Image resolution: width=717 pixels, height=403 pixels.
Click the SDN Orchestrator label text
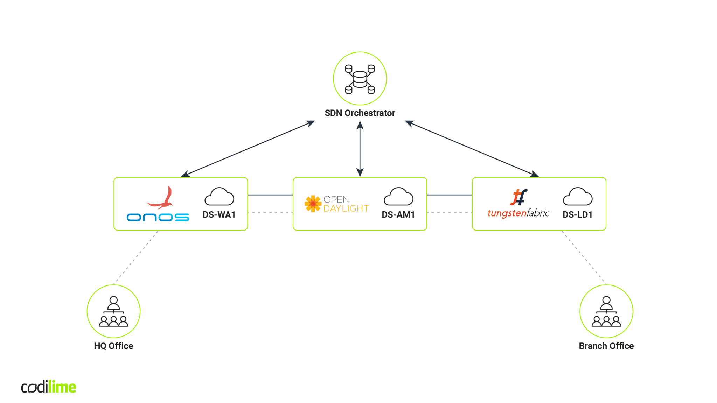click(x=360, y=113)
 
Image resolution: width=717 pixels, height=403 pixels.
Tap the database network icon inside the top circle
click(x=360, y=79)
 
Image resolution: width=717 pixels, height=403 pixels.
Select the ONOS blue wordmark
click(x=158, y=217)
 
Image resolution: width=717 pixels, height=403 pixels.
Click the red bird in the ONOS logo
click(x=161, y=198)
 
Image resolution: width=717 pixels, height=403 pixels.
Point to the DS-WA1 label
click(x=219, y=214)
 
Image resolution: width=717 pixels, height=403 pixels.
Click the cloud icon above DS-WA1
click(x=219, y=197)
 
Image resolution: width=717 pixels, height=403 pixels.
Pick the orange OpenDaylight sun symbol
click(x=313, y=204)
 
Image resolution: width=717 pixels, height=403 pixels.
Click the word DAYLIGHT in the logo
click(x=346, y=208)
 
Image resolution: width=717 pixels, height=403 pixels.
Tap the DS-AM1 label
click(x=398, y=214)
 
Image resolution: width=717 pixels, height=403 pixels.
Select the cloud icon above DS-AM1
click(x=398, y=197)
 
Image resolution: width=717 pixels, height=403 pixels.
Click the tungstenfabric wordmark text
click(x=518, y=213)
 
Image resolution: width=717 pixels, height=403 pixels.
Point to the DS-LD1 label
click(x=577, y=214)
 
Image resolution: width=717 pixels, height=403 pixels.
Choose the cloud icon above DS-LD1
click(x=578, y=197)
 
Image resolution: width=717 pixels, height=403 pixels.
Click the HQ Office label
click(x=113, y=346)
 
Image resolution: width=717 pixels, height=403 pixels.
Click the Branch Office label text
click(x=606, y=346)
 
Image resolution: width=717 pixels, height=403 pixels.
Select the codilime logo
click(x=48, y=387)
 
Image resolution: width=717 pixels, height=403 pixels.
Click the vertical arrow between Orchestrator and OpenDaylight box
click(x=360, y=149)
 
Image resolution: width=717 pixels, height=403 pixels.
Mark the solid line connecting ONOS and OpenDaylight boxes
click(x=270, y=195)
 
